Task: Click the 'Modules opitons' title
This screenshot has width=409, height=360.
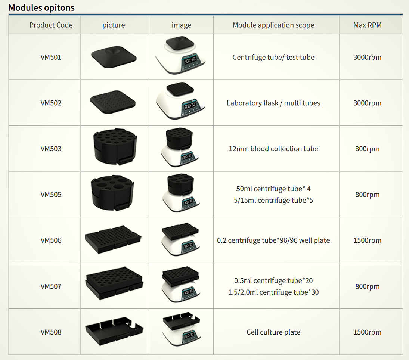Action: (x=41, y=7)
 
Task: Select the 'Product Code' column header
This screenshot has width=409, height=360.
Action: (x=51, y=25)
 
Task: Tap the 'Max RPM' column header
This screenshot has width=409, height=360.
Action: (x=368, y=25)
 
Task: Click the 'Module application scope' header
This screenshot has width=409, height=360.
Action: (x=273, y=25)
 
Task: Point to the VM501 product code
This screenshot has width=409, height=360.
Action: (x=51, y=57)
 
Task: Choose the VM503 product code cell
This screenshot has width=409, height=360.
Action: (x=51, y=149)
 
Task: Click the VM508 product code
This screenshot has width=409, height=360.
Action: (x=51, y=332)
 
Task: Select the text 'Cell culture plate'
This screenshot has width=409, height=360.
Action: (x=273, y=332)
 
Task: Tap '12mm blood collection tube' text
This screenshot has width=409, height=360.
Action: (x=273, y=149)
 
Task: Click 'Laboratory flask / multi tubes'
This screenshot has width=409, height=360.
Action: (x=273, y=103)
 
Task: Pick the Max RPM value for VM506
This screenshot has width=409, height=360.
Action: (x=368, y=240)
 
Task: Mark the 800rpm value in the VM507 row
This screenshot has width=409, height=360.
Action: (x=368, y=286)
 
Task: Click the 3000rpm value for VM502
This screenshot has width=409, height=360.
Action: (x=368, y=103)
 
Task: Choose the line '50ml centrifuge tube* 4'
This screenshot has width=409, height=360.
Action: (x=273, y=189)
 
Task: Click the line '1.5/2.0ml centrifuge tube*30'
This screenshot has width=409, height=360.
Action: (x=273, y=292)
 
